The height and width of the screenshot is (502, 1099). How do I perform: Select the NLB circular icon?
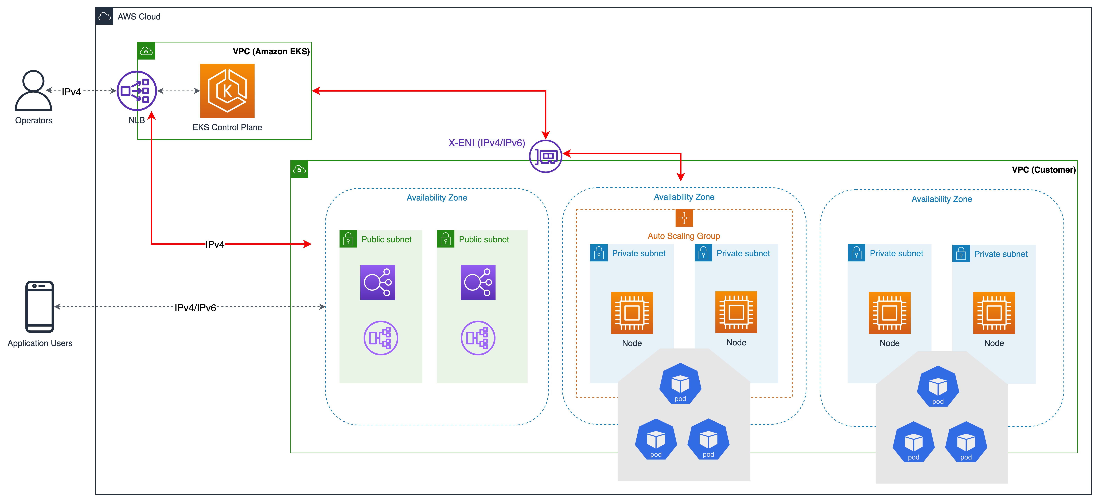pyautogui.click(x=137, y=91)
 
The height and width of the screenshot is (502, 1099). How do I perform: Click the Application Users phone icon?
pyautogui.click(x=40, y=306)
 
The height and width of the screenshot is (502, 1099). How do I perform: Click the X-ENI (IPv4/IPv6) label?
pyautogui.click(x=486, y=143)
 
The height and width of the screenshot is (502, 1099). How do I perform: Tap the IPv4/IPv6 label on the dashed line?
pyautogui.click(x=195, y=308)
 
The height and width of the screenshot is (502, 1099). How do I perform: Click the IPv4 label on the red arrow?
pyautogui.click(x=215, y=244)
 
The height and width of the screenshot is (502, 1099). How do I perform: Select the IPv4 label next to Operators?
pyautogui.click(x=71, y=92)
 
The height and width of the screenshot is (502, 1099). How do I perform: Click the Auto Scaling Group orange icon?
pyautogui.click(x=684, y=218)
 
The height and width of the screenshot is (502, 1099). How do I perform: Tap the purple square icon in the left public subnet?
pyautogui.click(x=378, y=282)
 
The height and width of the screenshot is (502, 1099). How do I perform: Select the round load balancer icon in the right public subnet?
pyautogui.click(x=478, y=338)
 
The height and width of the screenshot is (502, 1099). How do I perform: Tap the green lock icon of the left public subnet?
pyautogui.click(x=348, y=239)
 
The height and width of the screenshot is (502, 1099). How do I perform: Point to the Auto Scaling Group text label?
pyautogui.click(x=683, y=236)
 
